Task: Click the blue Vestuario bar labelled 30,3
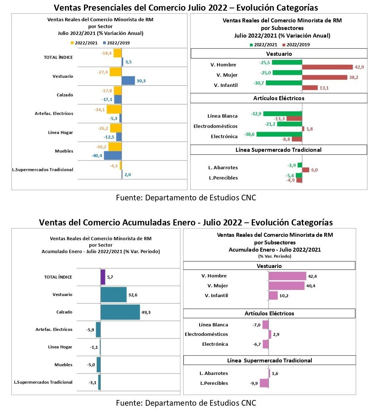click(128, 80)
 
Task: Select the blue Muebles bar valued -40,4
click(113, 156)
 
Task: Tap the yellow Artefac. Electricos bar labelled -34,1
click(114, 109)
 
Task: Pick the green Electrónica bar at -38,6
click(279, 134)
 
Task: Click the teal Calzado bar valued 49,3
click(120, 312)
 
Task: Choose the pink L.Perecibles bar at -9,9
click(264, 383)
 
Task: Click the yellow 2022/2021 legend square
click(72, 43)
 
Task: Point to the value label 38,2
click(354, 77)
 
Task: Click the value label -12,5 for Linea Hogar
click(109, 137)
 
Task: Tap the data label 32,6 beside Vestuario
click(133, 295)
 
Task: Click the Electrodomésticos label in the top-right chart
click(215, 126)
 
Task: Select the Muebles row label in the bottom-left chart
click(64, 365)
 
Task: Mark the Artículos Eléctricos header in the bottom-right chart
click(269, 313)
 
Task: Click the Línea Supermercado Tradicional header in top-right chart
click(278, 150)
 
